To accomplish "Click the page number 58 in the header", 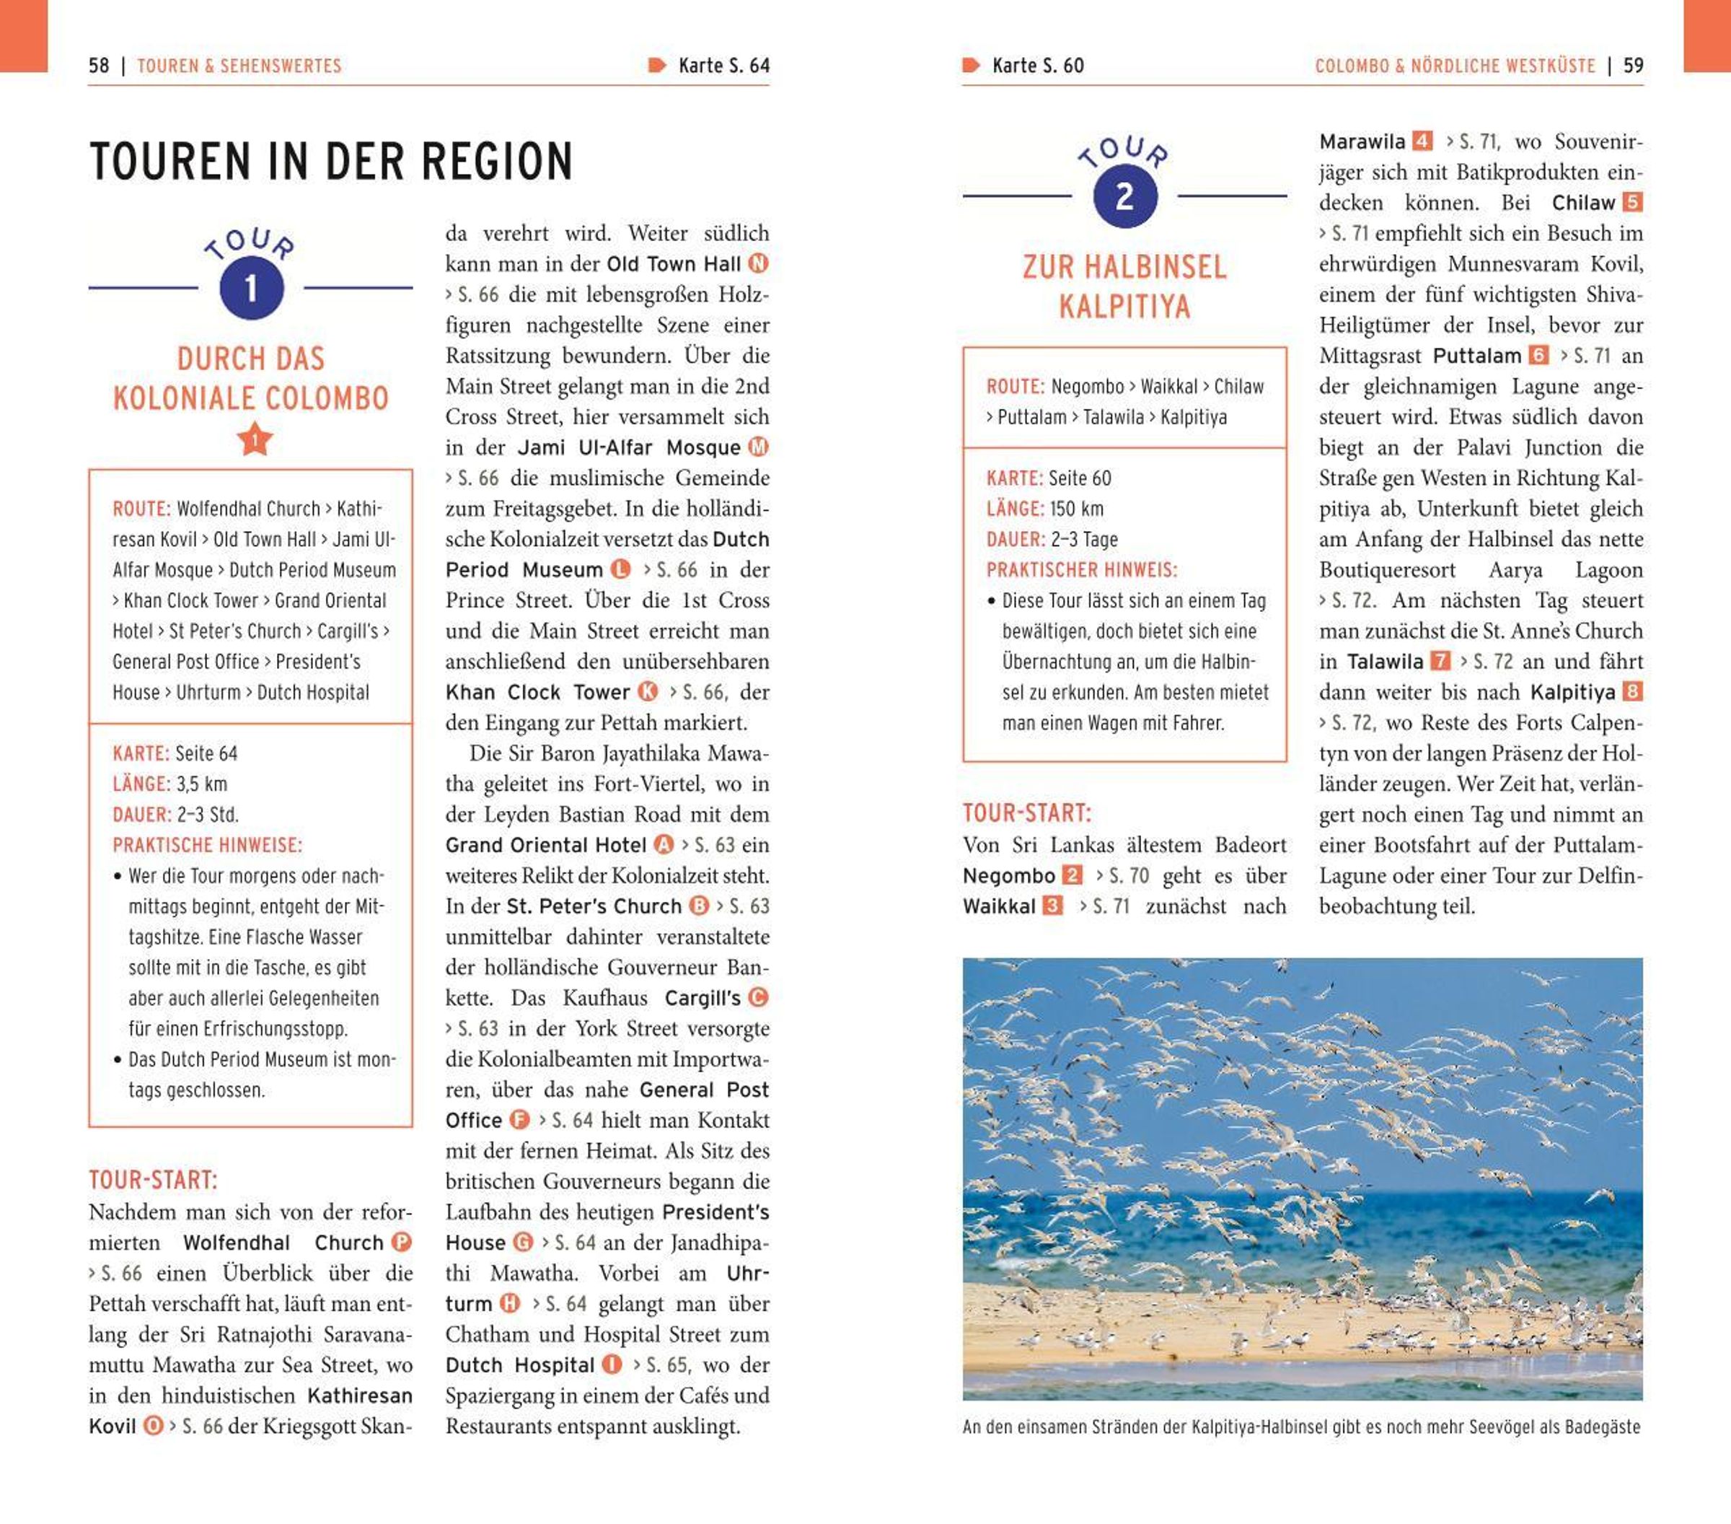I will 98,66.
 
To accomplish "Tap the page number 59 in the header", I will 1633,66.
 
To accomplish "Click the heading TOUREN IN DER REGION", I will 331,162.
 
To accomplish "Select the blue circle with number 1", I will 251,289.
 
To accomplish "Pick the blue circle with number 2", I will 1124,196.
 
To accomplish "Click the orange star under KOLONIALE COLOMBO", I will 254,439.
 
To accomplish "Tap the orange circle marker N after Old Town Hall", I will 759,263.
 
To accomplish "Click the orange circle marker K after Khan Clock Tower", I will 648,692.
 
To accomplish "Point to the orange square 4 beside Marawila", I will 1423,141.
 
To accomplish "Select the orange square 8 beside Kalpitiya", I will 1632,692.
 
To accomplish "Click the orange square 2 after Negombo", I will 1072,875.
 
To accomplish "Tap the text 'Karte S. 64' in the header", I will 723,66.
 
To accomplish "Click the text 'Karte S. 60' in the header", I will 1037,66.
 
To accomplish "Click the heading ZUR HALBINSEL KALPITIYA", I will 1124,286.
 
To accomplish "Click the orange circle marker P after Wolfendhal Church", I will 402,1243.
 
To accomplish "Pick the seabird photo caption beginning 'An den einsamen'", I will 1301,1427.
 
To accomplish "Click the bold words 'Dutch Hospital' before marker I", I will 520,1365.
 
